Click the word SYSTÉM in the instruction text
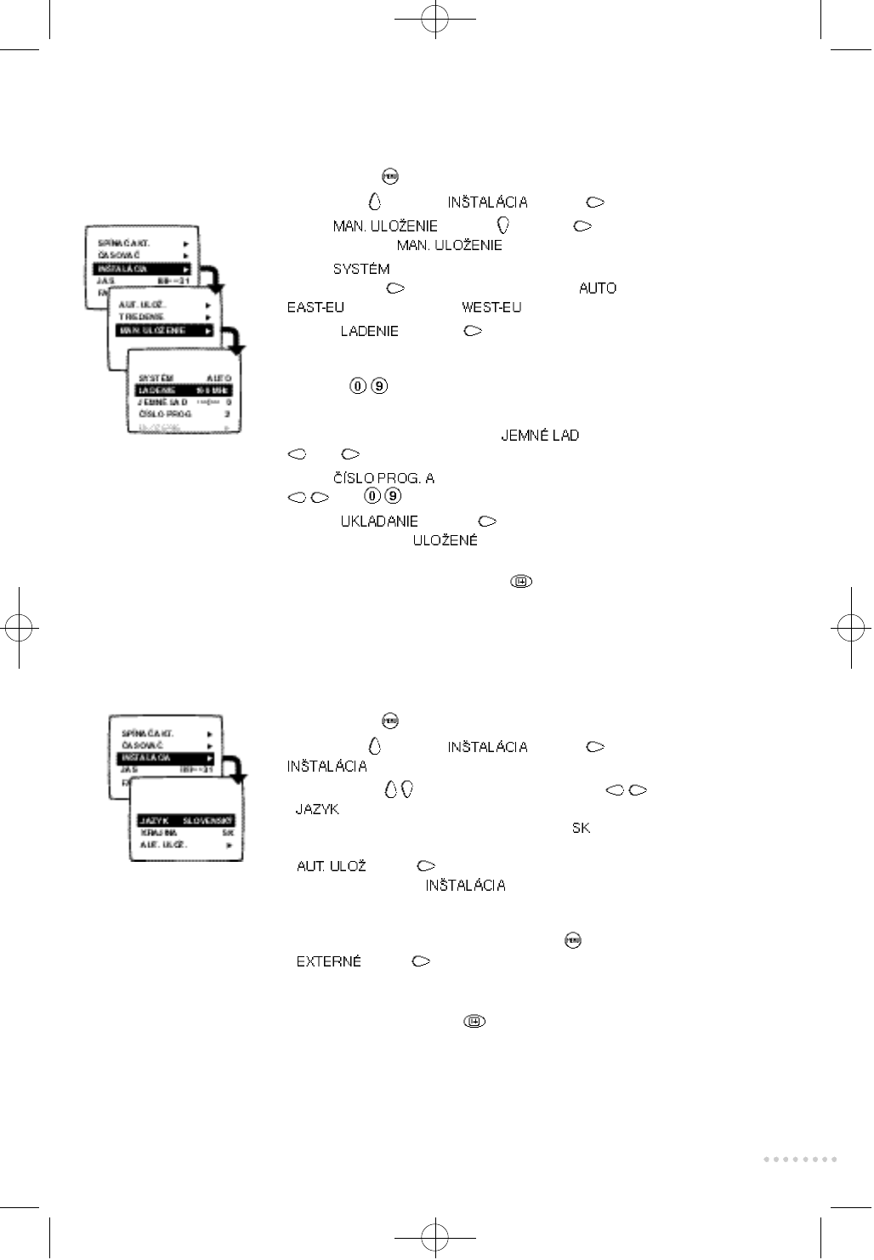click(x=361, y=269)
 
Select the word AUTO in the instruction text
click(x=598, y=288)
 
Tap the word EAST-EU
click(x=315, y=307)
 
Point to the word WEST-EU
click(x=491, y=307)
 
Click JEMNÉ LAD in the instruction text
click(x=540, y=436)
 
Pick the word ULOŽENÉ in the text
click(x=445, y=540)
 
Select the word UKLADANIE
click(x=379, y=522)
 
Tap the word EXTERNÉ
click(x=328, y=961)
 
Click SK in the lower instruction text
click(x=581, y=828)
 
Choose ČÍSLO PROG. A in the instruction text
click(x=383, y=478)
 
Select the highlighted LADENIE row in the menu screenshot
click(x=184, y=391)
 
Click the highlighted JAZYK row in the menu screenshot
click(x=185, y=821)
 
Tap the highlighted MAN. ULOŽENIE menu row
click(x=164, y=330)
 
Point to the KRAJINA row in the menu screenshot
click(x=185, y=833)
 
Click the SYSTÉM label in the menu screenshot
click(x=156, y=378)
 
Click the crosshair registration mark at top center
click(x=434, y=18)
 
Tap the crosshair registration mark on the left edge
click(x=19, y=629)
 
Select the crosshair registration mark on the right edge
click(x=850, y=629)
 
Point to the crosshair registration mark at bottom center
click(x=434, y=1237)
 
